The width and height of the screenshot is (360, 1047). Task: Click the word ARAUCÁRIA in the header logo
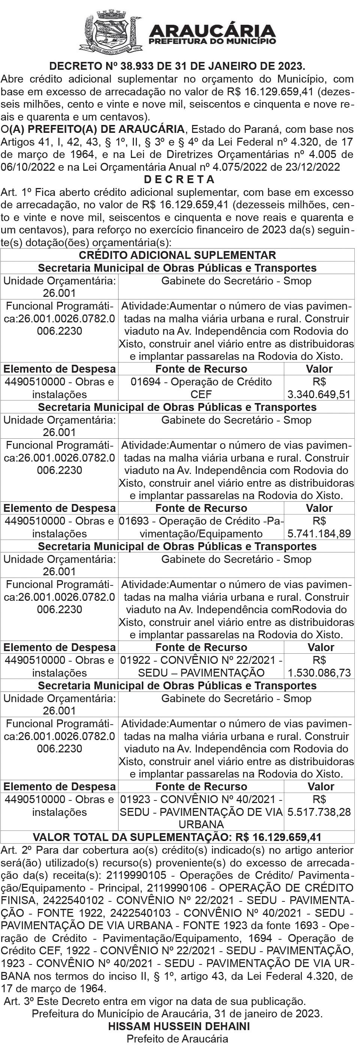tap(213, 30)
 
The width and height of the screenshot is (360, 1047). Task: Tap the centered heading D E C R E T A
tap(179, 179)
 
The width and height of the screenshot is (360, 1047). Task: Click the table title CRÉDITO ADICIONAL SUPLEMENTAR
tap(177, 255)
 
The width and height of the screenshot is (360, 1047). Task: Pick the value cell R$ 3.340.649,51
tap(319, 388)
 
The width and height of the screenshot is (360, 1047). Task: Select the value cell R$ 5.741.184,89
tap(319, 527)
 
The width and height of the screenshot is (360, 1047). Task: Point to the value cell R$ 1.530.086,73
tap(319, 666)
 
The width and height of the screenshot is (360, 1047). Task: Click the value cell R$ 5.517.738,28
tap(319, 806)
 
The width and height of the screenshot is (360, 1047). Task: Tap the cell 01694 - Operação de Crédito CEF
tap(201, 388)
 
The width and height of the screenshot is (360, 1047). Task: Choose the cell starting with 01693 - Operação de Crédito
tap(201, 527)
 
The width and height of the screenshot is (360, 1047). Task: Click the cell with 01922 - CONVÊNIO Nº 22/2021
tap(201, 666)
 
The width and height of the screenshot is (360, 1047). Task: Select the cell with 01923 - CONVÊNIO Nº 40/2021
tap(201, 812)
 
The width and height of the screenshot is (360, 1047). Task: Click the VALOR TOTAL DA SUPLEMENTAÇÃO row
tap(177, 837)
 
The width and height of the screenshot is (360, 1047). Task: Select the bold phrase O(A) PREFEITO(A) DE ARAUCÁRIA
tap(93, 130)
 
